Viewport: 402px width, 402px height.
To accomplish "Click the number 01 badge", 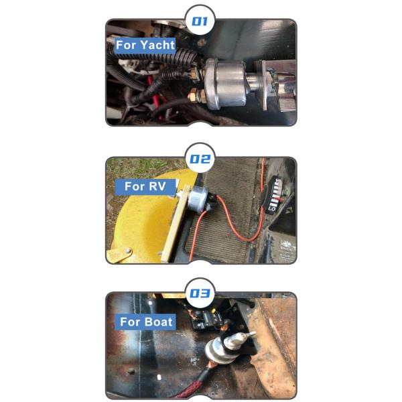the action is pyautogui.click(x=200, y=21).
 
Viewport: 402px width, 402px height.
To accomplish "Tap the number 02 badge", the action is pyautogui.click(x=200, y=158).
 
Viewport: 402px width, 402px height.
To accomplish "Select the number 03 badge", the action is pyautogui.click(x=200, y=293).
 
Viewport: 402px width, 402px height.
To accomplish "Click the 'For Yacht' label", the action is pyautogui.click(x=145, y=45).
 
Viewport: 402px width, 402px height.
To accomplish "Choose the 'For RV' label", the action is pyautogui.click(x=145, y=186).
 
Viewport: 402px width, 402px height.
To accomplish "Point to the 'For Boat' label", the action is pyautogui.click(x=145, y=322).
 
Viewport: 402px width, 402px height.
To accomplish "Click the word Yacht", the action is pyautogui.click(x=157, y=45).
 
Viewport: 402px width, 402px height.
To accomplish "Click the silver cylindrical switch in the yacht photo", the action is pyautogui.click(x=226, y=83).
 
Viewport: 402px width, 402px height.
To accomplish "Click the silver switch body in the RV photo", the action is pyautogui.click(x=199, y=198).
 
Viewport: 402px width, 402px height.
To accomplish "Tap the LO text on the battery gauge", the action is pyautogui.click(x=271, y=209).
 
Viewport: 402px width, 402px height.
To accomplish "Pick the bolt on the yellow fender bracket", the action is pyautogui.click(x=127, y=251).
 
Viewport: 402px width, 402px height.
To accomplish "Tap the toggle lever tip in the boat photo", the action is pyautogui.click(x=253, y=333).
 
